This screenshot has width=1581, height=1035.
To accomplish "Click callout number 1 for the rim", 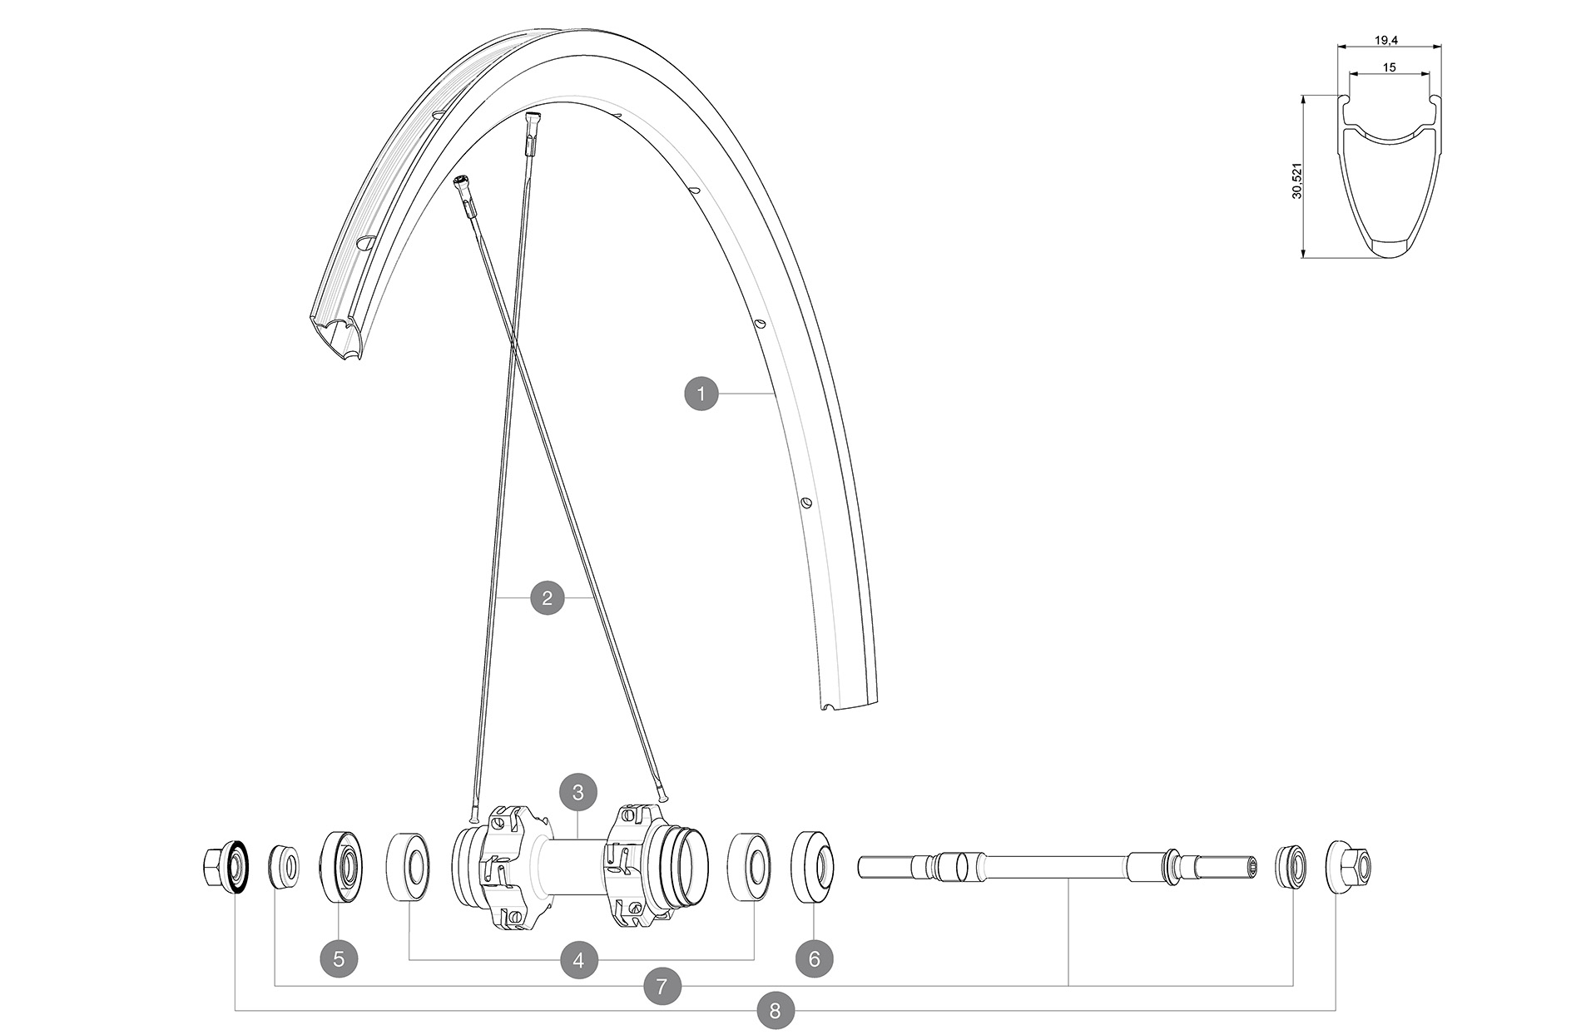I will (x=701, y=394).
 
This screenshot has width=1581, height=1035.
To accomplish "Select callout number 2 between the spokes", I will (x=547, y=598).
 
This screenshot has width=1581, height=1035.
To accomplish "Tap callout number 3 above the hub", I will (x=578, y=792).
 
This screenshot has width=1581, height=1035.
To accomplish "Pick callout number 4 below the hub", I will (x=578, y=961).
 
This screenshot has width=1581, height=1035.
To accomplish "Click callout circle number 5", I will (x=339, y=958).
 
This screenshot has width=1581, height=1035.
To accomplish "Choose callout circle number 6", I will (x=814, y=958).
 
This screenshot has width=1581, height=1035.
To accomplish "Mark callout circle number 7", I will (x=662, y=988).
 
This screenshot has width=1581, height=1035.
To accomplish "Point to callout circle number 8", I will (x=776, y=1012).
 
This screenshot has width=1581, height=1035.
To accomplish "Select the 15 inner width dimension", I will (x=1389, y=67).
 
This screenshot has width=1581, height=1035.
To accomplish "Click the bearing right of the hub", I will (x=749, y=866).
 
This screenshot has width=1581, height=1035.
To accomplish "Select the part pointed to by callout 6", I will (x=811, y=866).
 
